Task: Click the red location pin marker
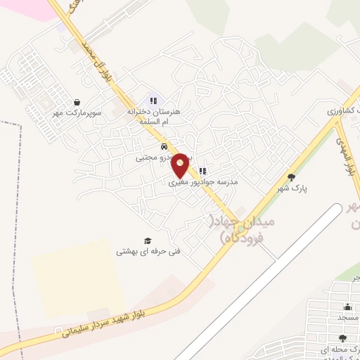181,165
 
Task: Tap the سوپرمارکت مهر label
77,112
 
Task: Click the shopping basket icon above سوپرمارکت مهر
77,102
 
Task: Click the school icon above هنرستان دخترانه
153,101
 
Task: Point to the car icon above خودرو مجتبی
164,147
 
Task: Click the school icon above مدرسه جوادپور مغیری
202,171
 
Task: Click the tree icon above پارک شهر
292,177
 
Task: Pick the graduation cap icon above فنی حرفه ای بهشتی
148,240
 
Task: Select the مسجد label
347,317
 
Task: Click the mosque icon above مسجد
347,307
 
